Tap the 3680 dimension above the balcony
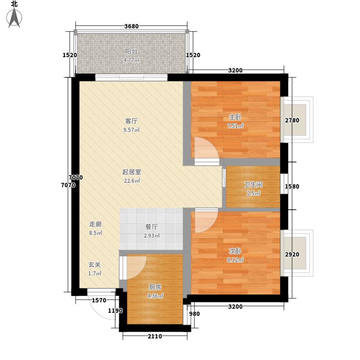tap(131, 26)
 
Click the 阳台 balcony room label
tap(131, 51)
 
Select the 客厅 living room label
tap(131, 121)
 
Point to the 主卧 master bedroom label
tap(235, 117)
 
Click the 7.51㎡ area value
tap(235, 126)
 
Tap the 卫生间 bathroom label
tap(253, 184)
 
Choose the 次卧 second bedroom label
tap(235, 251)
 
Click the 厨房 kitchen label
tap(155, 287)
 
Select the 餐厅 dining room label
tap(152, 227)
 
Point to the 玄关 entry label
tap(94, 265)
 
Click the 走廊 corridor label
tap(95, 224)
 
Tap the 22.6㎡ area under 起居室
tap(132, 181)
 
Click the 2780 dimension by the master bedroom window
tap(292, 120)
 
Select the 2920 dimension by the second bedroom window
tap(292, 254)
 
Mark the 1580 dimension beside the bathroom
tap(292, 186)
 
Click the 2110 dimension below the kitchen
tap(155, 336)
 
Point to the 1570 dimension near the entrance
tap(99, 300)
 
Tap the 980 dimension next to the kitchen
tap(194, 314)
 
